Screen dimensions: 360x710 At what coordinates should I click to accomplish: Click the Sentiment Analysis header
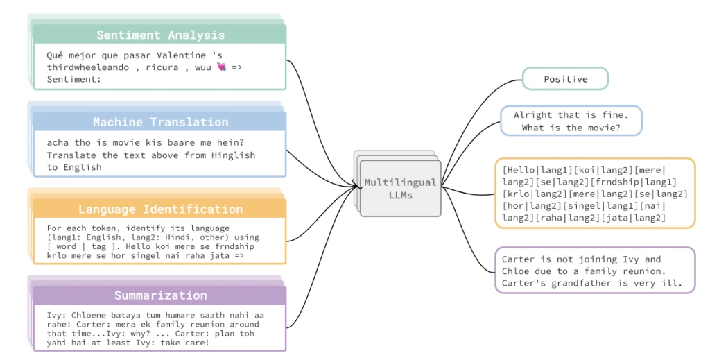[x=159, y=35]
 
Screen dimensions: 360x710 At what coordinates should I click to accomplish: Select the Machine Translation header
[x=159, y=122]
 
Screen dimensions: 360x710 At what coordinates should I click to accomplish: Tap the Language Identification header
[x=159, y=209]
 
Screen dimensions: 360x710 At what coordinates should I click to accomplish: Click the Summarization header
[x=159, y=295]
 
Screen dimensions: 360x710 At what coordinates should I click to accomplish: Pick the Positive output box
[x=565, y=79]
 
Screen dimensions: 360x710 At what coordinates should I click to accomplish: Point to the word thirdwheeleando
[x=89, y=67]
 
